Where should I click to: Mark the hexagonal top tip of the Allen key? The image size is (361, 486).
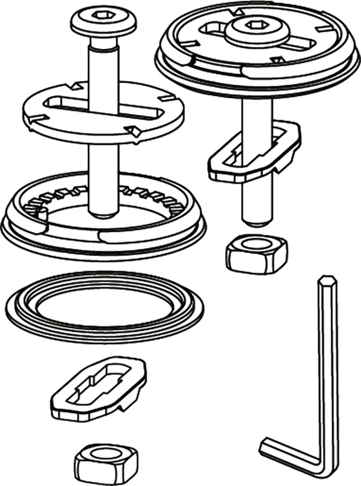coord(327,281)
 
